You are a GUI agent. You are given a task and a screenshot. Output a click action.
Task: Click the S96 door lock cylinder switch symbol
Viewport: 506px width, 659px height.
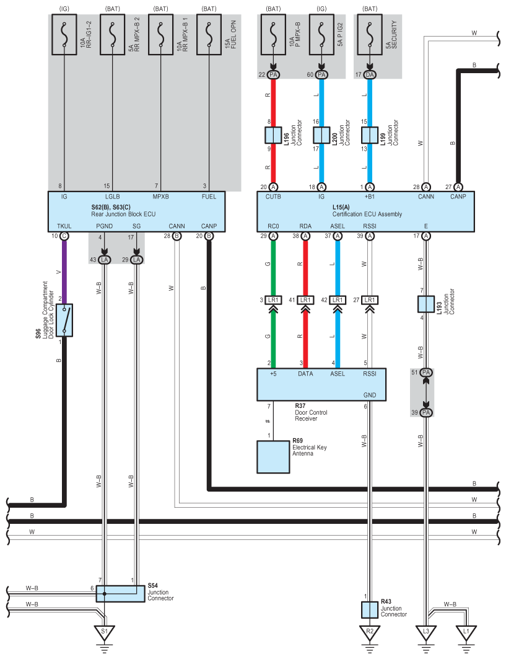point(64,320)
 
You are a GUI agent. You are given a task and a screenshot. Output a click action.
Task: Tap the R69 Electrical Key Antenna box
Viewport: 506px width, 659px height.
point(273,456)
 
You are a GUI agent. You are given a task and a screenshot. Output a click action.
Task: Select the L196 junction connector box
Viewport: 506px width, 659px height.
point(273,135)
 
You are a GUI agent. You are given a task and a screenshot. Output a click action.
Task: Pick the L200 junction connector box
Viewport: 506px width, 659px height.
point(321,135)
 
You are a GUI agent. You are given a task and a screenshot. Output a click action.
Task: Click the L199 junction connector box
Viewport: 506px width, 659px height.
point(370,135)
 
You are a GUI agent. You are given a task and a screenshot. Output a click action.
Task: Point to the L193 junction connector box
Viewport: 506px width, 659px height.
point(426,304)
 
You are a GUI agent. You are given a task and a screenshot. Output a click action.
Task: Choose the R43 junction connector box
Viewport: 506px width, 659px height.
point(370,609)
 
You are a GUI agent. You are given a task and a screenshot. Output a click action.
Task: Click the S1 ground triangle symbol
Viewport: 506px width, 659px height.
point(104,632)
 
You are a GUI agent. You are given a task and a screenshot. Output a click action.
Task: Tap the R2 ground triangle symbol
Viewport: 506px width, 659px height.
point(370,632)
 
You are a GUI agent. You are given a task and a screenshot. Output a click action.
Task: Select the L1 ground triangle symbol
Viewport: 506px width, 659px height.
point(465,632)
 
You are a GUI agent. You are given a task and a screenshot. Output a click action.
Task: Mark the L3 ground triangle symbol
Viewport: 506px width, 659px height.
point(426,632)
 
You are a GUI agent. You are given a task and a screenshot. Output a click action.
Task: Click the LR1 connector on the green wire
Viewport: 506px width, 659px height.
point(273,300)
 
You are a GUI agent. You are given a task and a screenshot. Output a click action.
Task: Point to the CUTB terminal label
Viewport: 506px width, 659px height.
point(273,197)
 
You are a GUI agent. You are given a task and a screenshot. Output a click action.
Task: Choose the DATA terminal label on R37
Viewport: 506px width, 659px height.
point(305,373)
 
